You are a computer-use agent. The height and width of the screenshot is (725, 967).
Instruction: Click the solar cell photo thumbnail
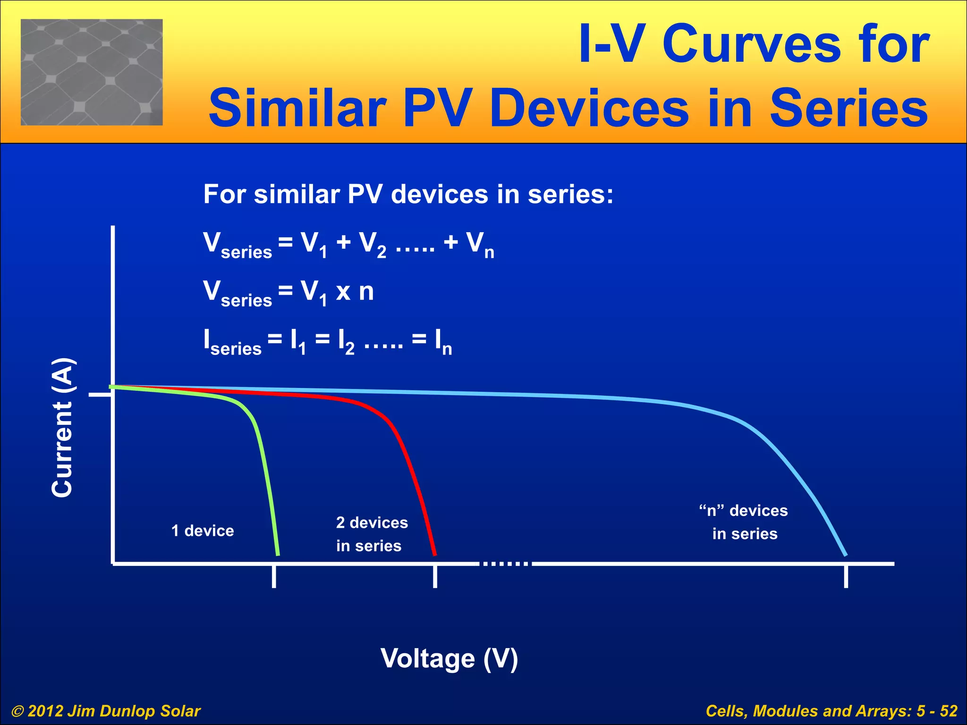click(92, 72)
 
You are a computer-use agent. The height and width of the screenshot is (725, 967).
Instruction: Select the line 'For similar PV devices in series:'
click(408, 194)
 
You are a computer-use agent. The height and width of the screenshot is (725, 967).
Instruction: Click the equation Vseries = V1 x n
click(288, 292)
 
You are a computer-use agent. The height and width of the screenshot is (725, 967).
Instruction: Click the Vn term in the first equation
click(480, 244)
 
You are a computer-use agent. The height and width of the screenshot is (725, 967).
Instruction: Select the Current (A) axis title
click(62, 428)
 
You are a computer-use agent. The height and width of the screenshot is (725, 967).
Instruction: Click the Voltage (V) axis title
click(449, 658)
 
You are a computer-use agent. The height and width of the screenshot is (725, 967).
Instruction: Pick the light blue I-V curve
click(519, 393)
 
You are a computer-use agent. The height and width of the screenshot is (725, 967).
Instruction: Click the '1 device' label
click(203, 531)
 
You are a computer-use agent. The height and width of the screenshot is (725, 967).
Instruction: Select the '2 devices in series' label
click(372, 534)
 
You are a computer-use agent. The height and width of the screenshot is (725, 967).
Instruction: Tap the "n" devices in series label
click(744, 522)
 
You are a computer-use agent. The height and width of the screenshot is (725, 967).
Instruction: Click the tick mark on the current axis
click(100, 394)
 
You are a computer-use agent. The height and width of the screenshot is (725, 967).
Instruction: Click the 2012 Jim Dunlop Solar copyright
click(106, 711)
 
